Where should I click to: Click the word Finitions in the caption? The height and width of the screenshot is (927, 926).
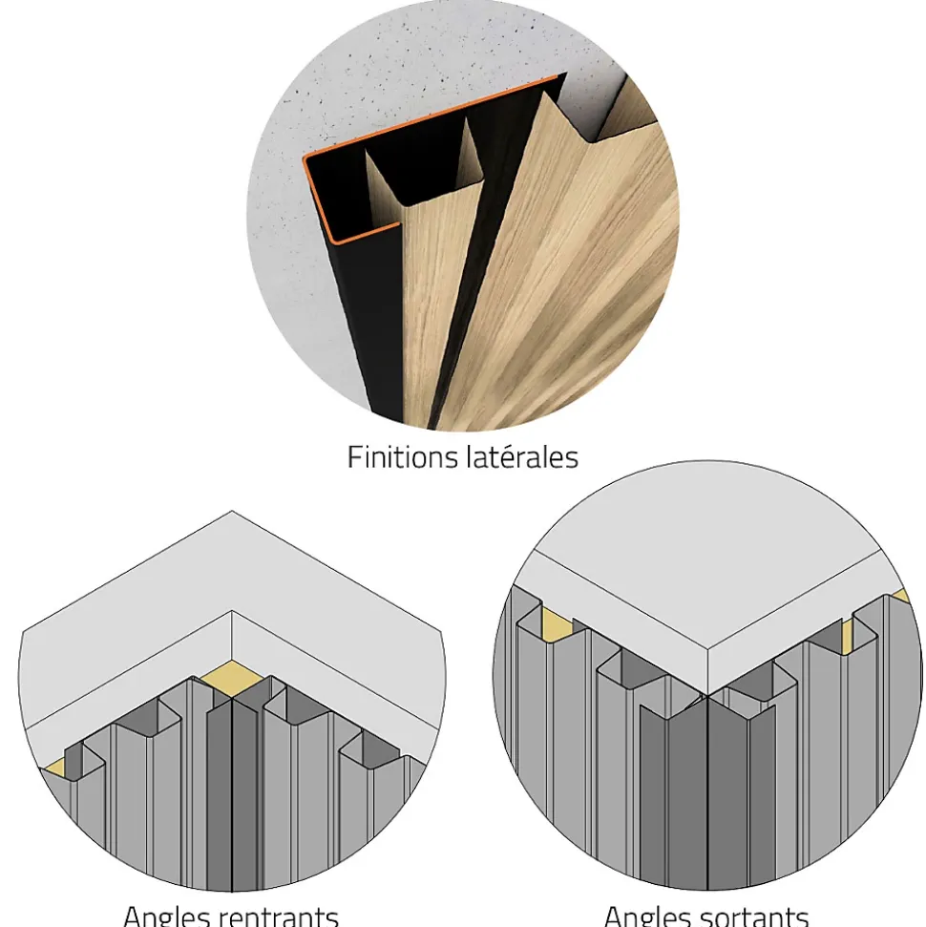(402, 457)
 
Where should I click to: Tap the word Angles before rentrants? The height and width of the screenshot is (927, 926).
(167, 916)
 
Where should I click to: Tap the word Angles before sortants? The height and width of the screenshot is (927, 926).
(647, 916)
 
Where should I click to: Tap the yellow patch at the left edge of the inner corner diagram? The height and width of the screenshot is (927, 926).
(54, 768)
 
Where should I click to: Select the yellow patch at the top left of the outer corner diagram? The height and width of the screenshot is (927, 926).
(556, 621)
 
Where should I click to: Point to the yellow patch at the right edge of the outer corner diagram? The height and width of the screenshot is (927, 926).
(901, 596)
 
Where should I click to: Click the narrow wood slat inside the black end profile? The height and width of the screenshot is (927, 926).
(427, 284)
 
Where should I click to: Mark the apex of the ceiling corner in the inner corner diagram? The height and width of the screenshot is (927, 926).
(232, 611)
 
